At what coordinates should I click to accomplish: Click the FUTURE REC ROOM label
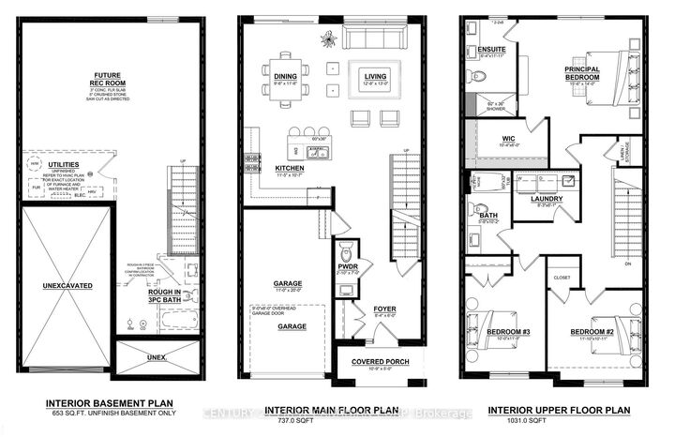pos(117,78)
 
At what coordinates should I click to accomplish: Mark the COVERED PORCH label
pos(377,361)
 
